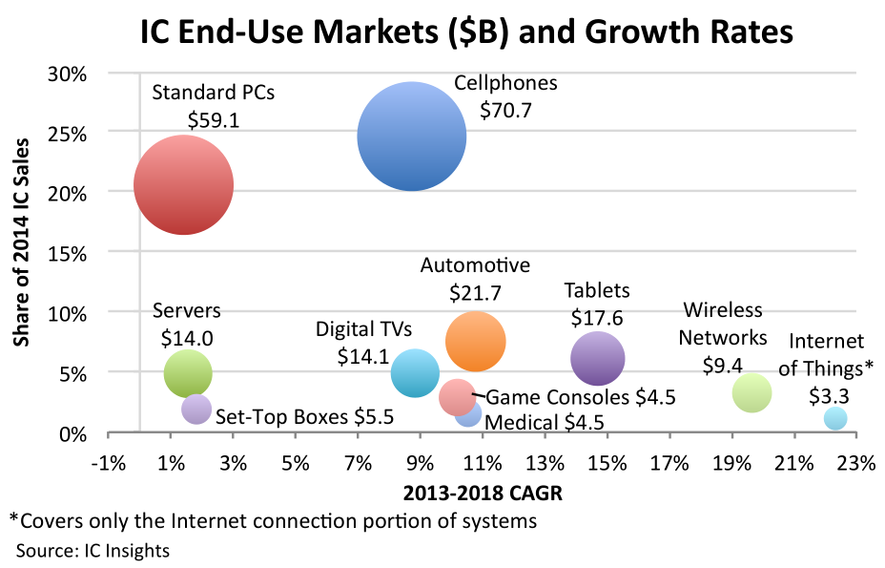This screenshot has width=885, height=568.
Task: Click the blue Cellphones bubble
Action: [x=411, y=137]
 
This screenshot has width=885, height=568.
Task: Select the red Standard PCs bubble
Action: [x=183, y=185]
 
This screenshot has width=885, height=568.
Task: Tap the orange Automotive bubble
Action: [x=475, y=341]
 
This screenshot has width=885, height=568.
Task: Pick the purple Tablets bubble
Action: [x=597, y=358]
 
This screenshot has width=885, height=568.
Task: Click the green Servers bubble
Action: [x=188, y=373]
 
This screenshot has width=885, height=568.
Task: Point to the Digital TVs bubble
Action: [x=415, y=373]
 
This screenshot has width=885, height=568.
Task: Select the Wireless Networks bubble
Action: [x=751, y=392]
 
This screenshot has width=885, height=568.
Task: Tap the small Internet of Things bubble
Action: [x=835, y=418]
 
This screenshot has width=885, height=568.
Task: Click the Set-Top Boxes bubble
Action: [x=196, y=409]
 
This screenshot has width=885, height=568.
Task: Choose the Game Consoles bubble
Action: [x=457, y=396]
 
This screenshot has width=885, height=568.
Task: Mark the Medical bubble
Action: [x=469, y=414]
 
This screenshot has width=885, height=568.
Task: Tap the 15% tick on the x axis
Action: [x=607, y=464]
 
